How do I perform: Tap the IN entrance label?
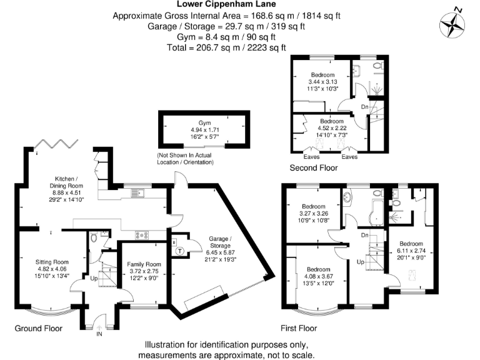tap(98, 334)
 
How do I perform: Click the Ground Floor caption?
tap(37, 327)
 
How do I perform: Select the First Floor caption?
tap(298, 327)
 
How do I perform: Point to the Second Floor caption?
tap(314, 168)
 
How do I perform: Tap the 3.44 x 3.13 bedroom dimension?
tap(322, 82)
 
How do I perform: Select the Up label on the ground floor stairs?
tap(95, 277)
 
